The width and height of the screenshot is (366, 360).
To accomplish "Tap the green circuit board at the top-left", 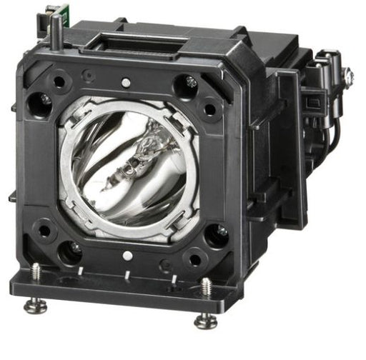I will pos(49,12).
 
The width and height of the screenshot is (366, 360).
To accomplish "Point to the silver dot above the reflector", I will pos(126,83).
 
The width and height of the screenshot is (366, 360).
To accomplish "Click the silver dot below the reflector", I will pos(127,256).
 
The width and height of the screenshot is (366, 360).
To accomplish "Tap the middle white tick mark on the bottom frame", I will pos(127,274).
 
